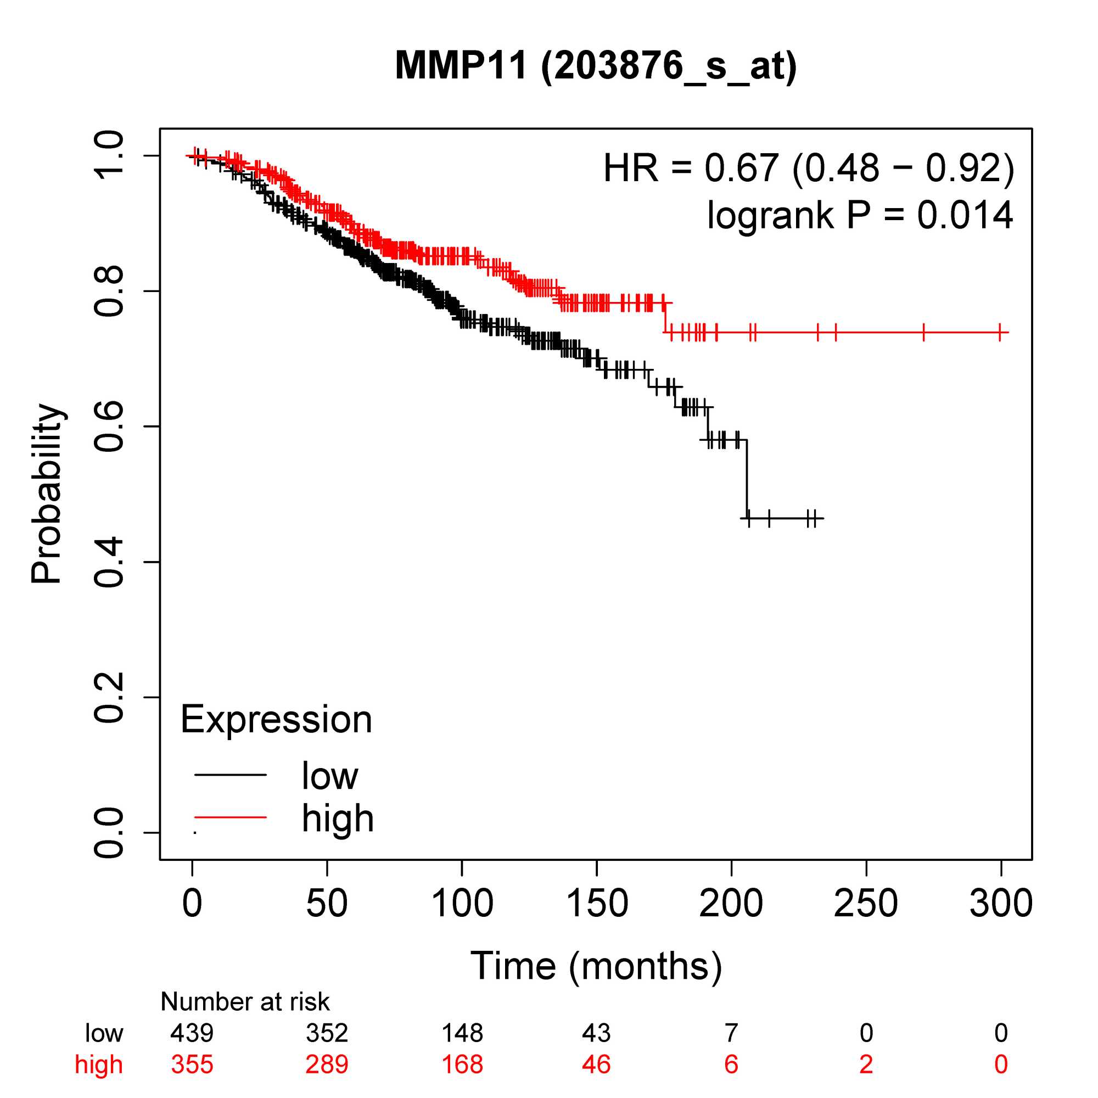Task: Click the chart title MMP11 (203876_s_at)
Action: pos(596,66)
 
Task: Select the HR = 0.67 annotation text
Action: pos(808,168)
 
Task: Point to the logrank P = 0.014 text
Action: pos(860,215)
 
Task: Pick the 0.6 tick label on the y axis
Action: pos(108,426)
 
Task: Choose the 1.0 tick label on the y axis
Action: pos(108,155)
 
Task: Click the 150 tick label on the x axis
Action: pos(597,903)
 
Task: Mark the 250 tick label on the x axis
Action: pos(866,903)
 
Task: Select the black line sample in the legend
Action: pos(230,775)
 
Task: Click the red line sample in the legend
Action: pos(230,817)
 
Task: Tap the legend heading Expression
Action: pos(276,720)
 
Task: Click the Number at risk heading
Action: pos(245,1002)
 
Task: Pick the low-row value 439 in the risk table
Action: pos(192,1033)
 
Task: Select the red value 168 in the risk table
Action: pos(462,1065)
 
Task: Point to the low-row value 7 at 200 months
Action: pos(731,1033)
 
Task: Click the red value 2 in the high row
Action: pos(866,1065)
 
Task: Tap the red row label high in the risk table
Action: pos(99,1065)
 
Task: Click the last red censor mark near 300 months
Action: pos(1000,332)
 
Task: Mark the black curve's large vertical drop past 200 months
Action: pos(747,479)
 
